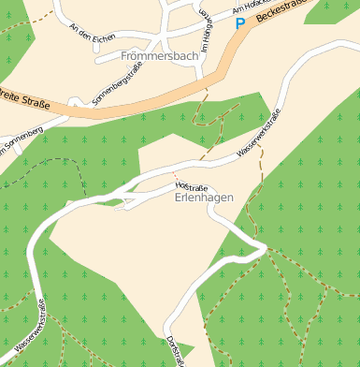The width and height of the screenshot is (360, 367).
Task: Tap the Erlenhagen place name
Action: click(204, 198)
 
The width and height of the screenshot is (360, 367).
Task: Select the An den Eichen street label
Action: click(93, 32)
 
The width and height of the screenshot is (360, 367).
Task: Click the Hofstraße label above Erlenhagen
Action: click(191, 187)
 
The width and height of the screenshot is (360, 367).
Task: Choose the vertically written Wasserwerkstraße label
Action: click(40, 323)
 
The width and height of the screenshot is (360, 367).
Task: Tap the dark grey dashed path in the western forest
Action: click(47, 160)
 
